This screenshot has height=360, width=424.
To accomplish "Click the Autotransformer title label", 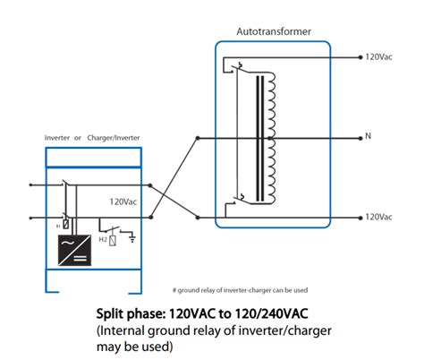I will coord(273,31).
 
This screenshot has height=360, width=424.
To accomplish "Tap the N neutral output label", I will coord(368,137).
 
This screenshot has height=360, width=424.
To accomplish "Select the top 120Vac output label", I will coord(378,56).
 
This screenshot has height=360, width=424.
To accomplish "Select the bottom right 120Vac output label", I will coord(378,217).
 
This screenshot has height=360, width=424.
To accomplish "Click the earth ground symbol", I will coord(134,238).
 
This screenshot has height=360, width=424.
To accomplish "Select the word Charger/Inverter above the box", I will coord(115,138).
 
